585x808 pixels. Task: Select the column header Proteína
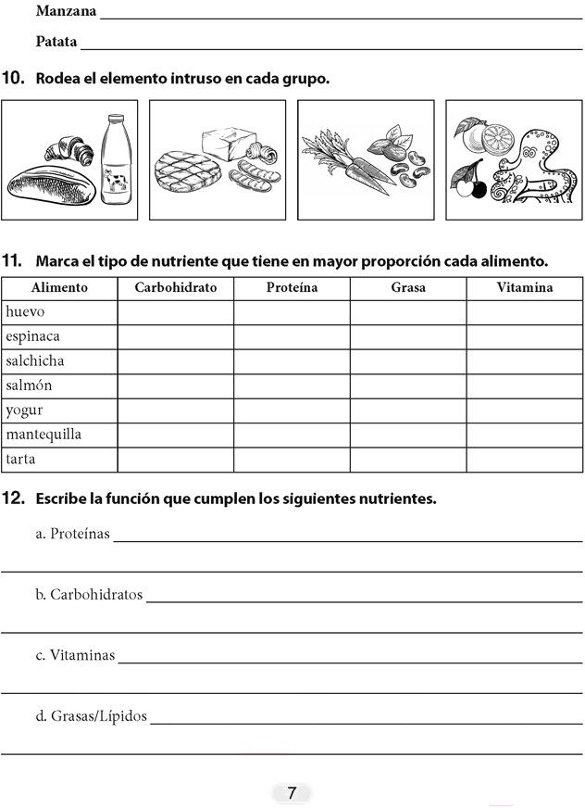[292, 288]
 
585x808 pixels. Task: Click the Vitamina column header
[524, 288]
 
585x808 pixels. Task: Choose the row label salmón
[29, 385]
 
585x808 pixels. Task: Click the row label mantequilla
[44, 435]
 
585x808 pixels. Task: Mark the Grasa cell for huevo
[408, 312]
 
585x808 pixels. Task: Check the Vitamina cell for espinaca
[524, 336]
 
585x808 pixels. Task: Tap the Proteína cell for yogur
[292, 410]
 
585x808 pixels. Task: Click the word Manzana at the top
[66, 12]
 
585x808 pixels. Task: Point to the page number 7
[292, 793]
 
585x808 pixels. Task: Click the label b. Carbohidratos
[89, 594]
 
